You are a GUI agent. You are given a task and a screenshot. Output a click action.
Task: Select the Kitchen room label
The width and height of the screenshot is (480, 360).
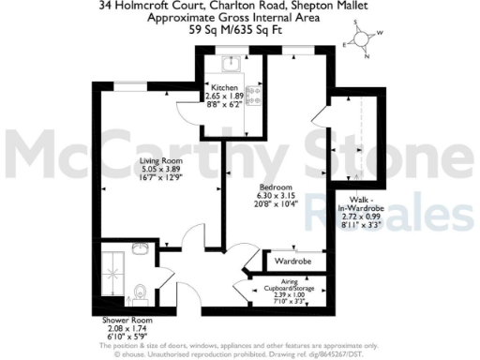tap(225, 86)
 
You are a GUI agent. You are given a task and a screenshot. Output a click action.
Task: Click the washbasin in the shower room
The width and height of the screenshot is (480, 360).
tap(139, 248)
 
